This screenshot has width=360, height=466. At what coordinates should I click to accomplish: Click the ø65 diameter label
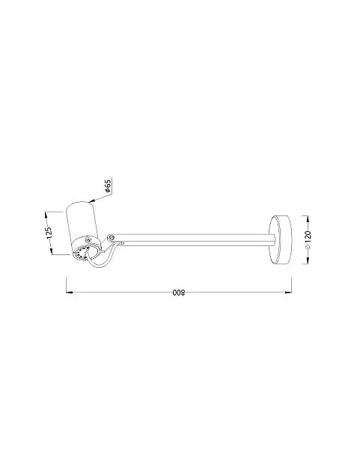[108, 186]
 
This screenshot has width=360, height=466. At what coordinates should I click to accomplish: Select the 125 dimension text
[49, 233]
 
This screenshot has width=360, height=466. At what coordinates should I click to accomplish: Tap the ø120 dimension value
[308, 239]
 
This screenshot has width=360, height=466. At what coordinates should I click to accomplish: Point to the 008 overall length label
[179, 292]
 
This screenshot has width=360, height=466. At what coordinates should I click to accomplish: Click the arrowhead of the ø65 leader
[92, 201]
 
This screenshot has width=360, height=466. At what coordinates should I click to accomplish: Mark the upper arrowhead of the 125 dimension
[46, 215]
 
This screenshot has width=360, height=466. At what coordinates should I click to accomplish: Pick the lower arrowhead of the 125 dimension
[52, 251]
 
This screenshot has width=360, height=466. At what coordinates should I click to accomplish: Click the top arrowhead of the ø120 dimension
[308, 219]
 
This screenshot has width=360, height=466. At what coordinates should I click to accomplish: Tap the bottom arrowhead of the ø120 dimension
[308, 260]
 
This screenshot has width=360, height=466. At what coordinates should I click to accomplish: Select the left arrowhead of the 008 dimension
[70, 292]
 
